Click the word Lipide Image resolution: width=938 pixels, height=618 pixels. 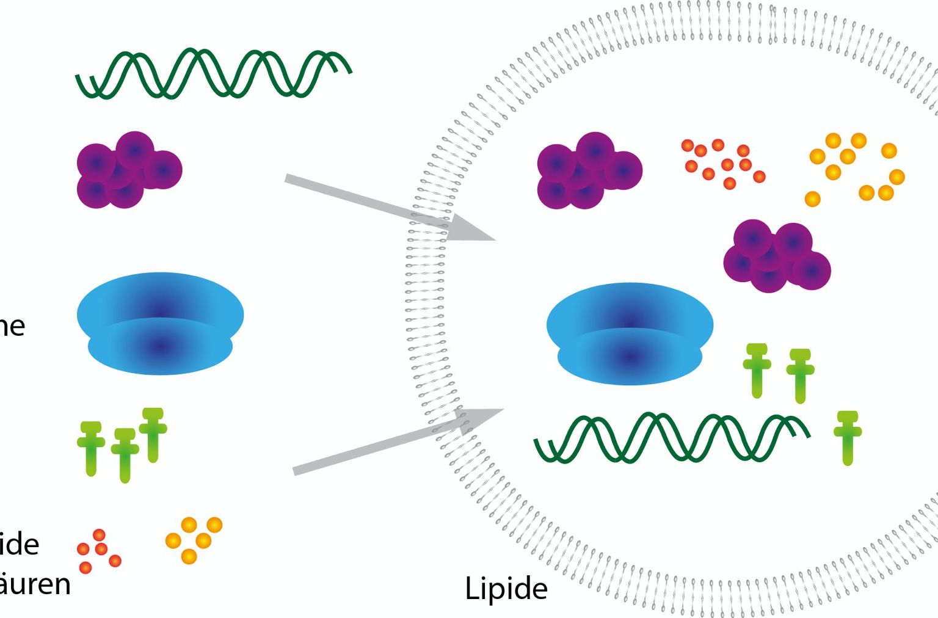(x=506, y=589)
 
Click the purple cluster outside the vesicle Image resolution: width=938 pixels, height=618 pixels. (x=129, y=170)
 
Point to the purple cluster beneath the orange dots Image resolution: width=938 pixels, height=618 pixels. (x=776, y=257)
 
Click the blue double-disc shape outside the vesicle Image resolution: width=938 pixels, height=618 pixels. (x=160, y=323)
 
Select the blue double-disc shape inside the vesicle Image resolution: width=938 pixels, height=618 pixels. (x=630, y=333)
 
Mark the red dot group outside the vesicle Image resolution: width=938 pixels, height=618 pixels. (x=98, y=551)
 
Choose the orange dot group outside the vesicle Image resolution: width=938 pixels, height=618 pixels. (x=194, y=539)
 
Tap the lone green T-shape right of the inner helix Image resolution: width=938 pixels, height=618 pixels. (x=848, y=437)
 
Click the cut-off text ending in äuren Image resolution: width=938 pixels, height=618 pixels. (x=35, y=584)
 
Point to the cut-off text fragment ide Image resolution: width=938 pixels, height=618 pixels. (x=20, y=544)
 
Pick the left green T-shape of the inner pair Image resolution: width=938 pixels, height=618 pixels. (x=757, y=370)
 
